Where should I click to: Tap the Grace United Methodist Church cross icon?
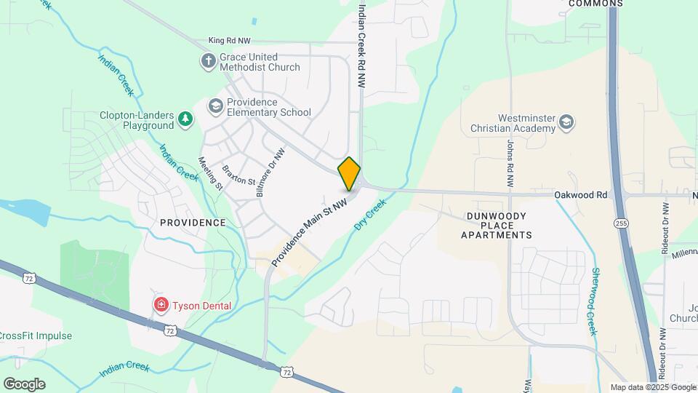tap(209, 60)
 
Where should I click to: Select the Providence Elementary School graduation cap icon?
tap(215, 106)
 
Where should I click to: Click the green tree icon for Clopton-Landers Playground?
tap(186, 119)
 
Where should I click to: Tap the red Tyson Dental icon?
tap(160, 305)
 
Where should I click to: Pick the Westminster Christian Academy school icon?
tap(567, 124)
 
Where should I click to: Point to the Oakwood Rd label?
tap(580, 195)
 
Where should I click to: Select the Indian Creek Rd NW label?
tap(361, 45)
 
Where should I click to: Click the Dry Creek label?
tap(369, 217)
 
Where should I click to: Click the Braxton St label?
tap(238, 175)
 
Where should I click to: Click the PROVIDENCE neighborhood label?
tap(193, 222)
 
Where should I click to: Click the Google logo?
tap(24, 384)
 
